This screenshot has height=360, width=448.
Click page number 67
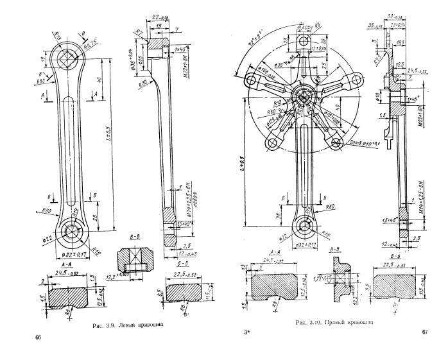click(x=424, y=332)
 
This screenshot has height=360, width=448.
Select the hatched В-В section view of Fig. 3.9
click(x=136, y=264)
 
